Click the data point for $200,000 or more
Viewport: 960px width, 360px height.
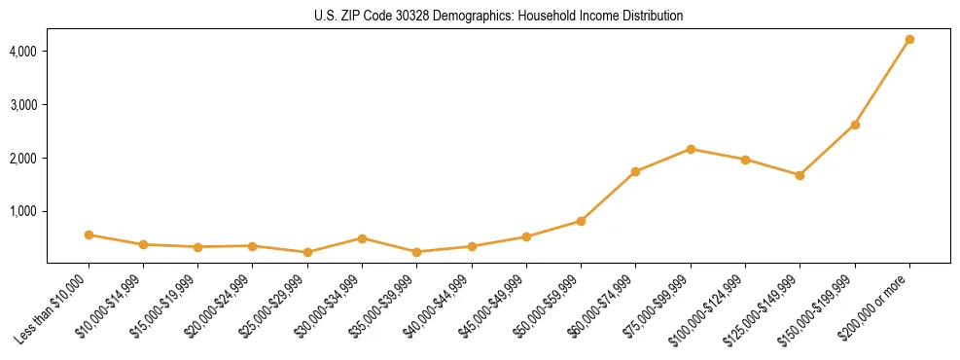[909, 40]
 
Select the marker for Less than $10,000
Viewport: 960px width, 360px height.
[89, 234]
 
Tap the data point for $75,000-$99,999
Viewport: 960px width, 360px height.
[691, 149]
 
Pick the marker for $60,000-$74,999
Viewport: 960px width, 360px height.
[635, 172]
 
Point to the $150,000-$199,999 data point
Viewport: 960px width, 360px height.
[855, 125]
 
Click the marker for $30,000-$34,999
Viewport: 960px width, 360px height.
[362, 238]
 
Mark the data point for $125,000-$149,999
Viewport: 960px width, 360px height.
[800, 175]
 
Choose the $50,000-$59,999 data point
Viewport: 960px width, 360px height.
[581, 221]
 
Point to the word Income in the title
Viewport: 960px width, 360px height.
[604, 17]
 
